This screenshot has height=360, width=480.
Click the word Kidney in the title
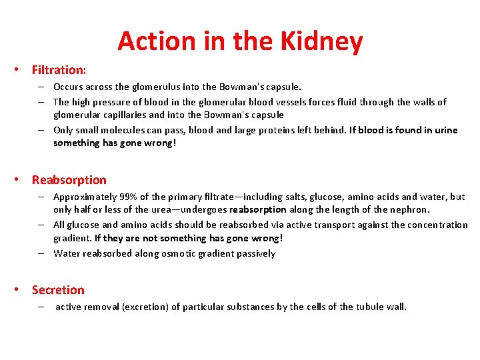coord(326,41)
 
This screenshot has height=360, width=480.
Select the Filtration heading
coord(59,69)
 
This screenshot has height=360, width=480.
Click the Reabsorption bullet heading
coord(69,180)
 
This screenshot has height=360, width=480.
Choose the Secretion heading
coord(58,290)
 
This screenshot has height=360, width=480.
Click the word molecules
coord(123,130)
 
